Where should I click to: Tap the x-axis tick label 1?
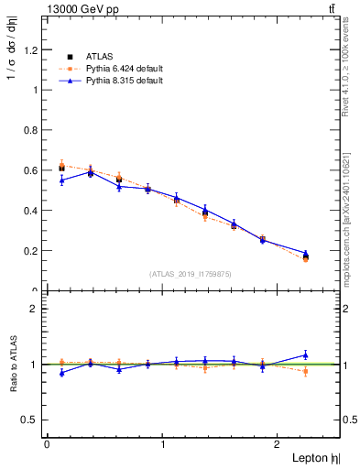163,443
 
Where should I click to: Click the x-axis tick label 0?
47,443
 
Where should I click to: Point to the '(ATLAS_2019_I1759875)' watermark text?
191,273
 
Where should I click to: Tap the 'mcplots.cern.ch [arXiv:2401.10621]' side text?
352,207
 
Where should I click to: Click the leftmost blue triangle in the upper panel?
61,180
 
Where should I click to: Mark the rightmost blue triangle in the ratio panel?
305,354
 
